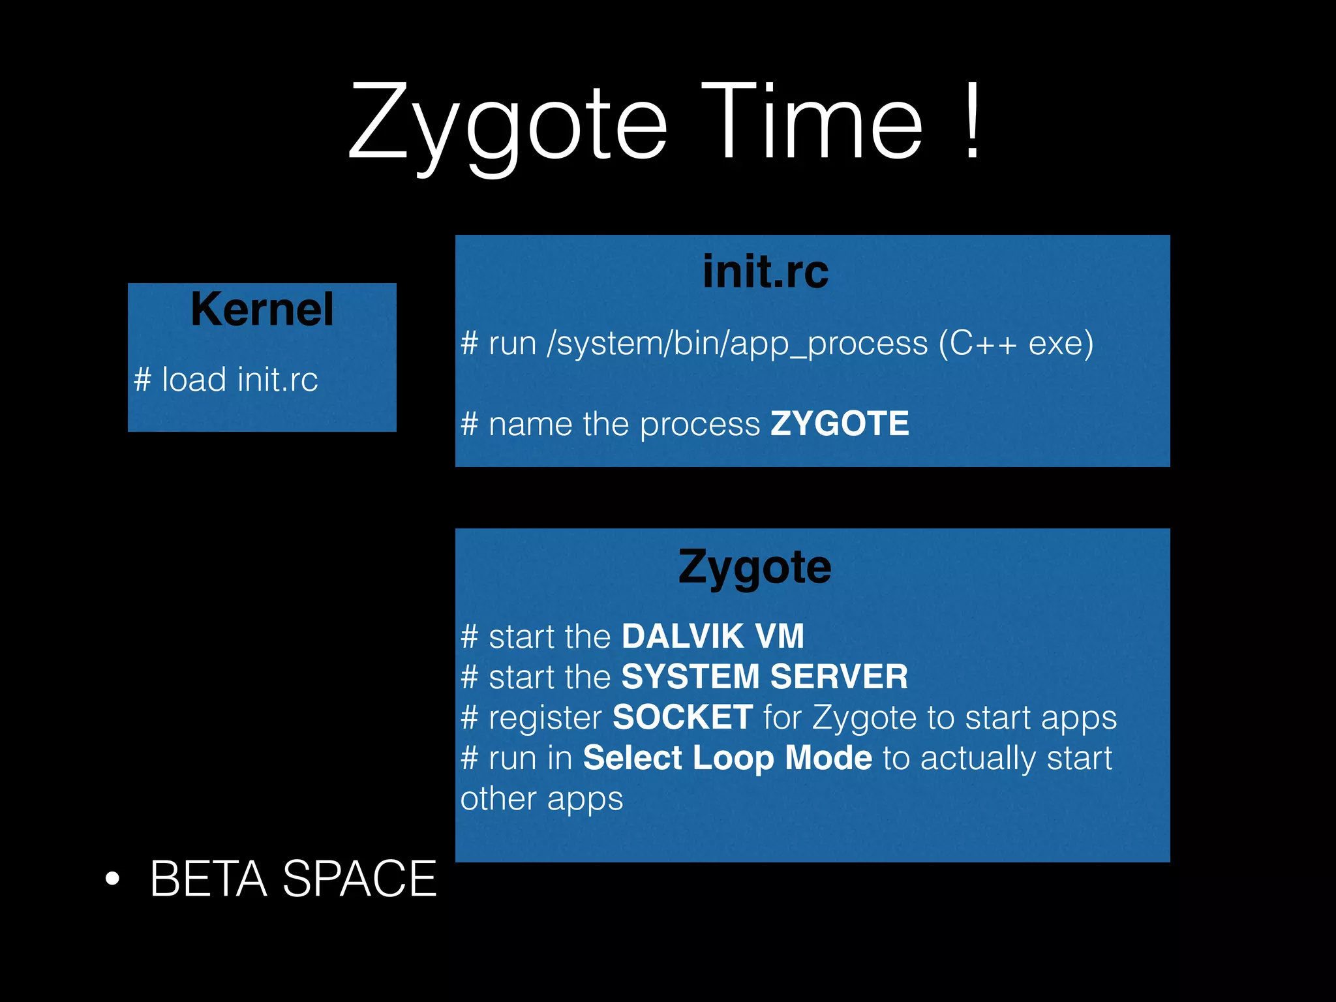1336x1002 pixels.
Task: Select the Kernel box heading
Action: (x=262, y=309)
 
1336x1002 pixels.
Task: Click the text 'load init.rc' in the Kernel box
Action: (x=239, y=380)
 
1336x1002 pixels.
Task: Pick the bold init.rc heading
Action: (x=765, y=271)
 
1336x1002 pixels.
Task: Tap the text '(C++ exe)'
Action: (x=1016, y=343)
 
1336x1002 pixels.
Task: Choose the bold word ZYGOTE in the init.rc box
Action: (x=840, y=424)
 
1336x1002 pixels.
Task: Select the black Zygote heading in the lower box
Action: (x=755, y=567)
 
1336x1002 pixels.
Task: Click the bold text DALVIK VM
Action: (x=713, y=636)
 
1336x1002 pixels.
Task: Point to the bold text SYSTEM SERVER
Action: (x=765, y=676)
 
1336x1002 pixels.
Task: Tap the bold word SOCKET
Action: (x=683, y=717)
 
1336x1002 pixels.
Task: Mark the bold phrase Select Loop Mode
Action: (x=727, y=758)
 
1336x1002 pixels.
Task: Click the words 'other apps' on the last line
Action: (x=541, y=798)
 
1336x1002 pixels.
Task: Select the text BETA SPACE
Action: (x=293, y=879)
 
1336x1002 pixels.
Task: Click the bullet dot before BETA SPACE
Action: (x=113, y=879)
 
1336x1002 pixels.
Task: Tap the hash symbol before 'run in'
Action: (x=470, y=759)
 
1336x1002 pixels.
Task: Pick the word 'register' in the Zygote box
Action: (x=545, y=718)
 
